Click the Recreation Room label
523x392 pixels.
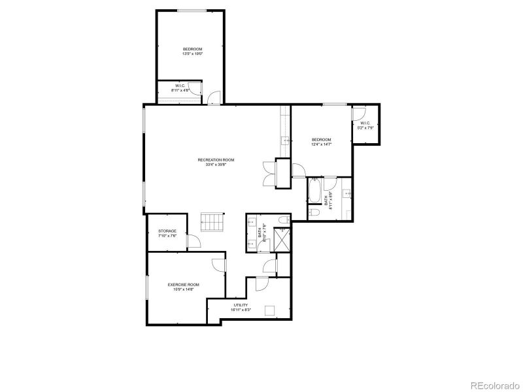coord(216,159)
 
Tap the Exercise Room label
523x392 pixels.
coord(183,284)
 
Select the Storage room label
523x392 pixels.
coord(167,231)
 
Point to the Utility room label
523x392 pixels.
coord(241,305)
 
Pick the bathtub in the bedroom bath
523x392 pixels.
coord(314,191)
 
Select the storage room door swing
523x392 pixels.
coord(194,242)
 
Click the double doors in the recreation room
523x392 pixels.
coord(268,174)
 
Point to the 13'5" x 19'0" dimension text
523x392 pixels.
coord(192,54)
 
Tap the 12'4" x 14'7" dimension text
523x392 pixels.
coord(321,144)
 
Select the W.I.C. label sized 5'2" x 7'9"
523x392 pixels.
coord(365,125)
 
